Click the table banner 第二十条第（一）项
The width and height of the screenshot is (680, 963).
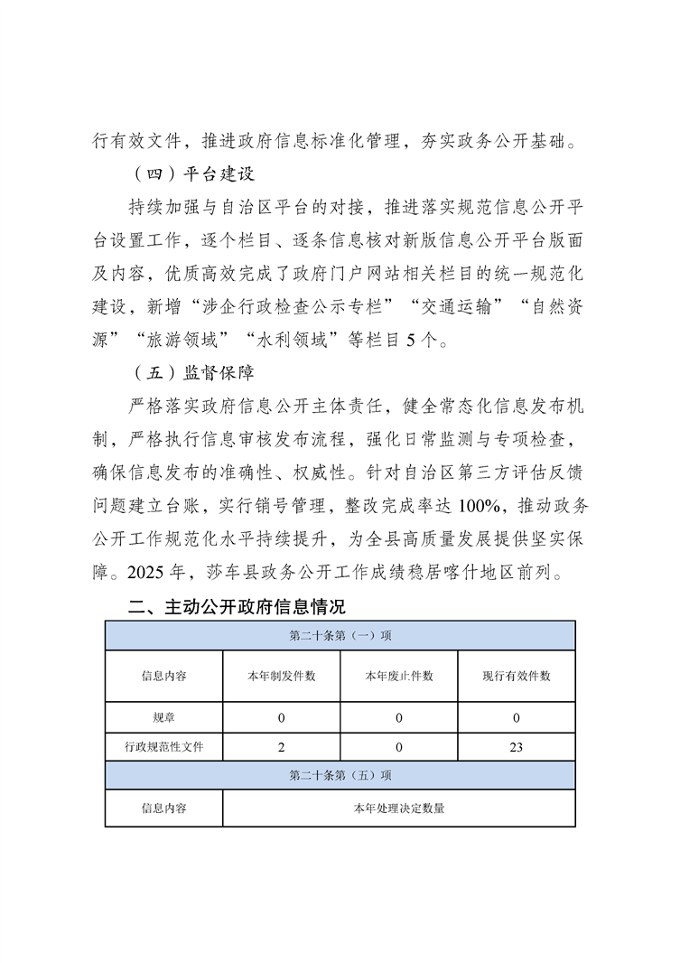point(340,635)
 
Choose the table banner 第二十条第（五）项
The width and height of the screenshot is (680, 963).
point(340,775)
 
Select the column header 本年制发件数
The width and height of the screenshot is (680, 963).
point(281,676)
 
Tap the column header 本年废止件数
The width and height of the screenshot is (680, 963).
point(398,676)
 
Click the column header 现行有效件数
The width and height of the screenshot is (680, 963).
point(517,676)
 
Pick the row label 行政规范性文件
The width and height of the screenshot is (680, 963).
point(163,747)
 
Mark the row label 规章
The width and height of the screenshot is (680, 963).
point(163,718)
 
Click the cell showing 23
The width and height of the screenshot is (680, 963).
point(517,747)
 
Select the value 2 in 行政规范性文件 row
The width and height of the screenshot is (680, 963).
point(281,747)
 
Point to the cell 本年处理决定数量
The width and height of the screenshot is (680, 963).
point(398,809)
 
